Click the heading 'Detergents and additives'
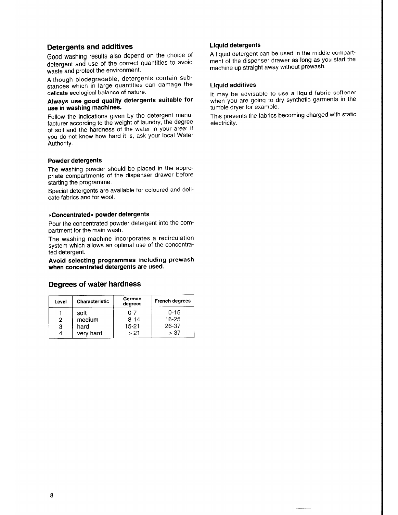(90, 47)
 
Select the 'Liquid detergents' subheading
(235, 45)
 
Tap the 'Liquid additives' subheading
(233, 85)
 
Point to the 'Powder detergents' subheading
(75, 161)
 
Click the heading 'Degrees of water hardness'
(95, 284)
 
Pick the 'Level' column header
(60, 302)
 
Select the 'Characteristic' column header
(93, 302)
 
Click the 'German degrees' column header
(132, 301)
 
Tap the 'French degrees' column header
(173, 301)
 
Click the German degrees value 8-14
(134, 320)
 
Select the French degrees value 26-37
(173, 326)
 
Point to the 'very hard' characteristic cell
(89, 333)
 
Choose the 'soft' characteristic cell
(82, 313)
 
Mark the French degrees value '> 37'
(174, 333)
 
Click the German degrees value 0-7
(132, 313)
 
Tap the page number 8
(51, 496)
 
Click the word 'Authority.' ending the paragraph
(60, 144)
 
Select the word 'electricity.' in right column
(224, 123)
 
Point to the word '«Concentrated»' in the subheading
(71, 215)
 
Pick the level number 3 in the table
(60, 327)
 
